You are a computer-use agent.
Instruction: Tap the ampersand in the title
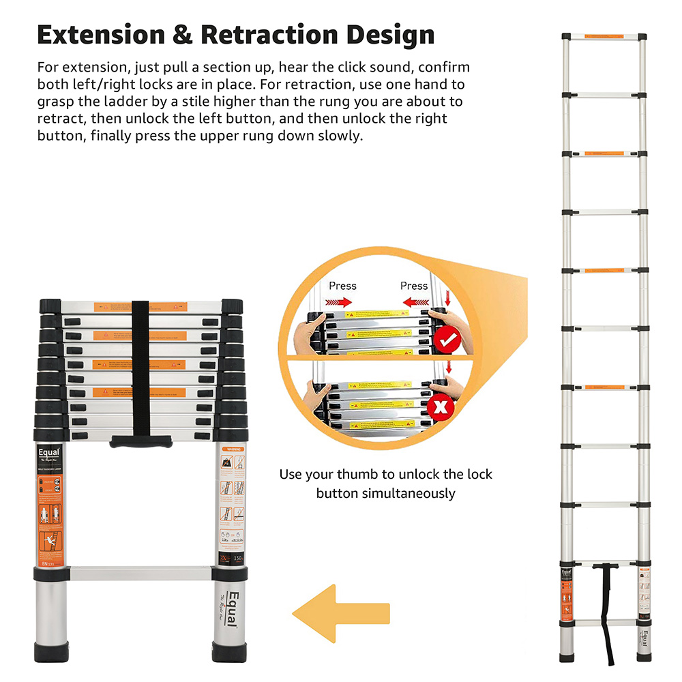183,35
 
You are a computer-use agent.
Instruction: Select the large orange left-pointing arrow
340,612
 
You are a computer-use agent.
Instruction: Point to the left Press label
342,286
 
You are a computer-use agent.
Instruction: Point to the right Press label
414,286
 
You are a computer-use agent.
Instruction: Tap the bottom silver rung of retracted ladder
140,573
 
